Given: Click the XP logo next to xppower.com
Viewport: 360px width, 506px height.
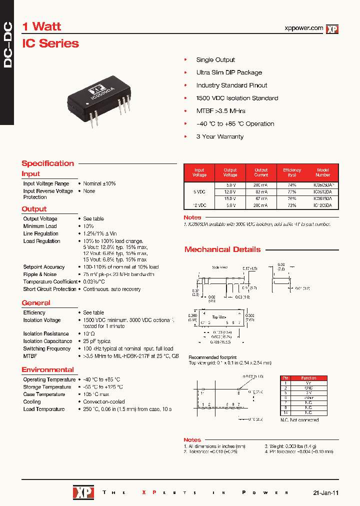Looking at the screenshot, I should [332, 29].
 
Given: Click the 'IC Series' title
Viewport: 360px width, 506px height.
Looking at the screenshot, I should [50, 43].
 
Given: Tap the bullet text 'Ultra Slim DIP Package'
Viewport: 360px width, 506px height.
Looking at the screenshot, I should [229, 72].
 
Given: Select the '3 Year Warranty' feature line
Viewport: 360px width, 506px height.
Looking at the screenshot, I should [219, 136].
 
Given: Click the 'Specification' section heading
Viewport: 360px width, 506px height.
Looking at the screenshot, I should [47, 163].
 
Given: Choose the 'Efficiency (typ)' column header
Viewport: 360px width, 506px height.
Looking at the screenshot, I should [292, 172].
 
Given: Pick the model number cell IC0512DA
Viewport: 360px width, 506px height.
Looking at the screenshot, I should [322, 191].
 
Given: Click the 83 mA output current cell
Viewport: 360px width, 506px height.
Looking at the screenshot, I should [261, 191].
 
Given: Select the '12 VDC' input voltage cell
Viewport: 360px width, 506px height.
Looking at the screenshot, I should [199, 205].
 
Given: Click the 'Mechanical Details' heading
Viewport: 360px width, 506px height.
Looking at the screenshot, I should [222, 249].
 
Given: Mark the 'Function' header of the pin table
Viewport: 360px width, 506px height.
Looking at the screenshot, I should [308, 378].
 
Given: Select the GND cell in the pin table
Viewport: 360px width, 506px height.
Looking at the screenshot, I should [308, 388].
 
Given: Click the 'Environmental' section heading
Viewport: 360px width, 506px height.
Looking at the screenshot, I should [47, 370].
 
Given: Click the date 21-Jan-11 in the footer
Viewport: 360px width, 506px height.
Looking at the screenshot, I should [326, 492].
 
